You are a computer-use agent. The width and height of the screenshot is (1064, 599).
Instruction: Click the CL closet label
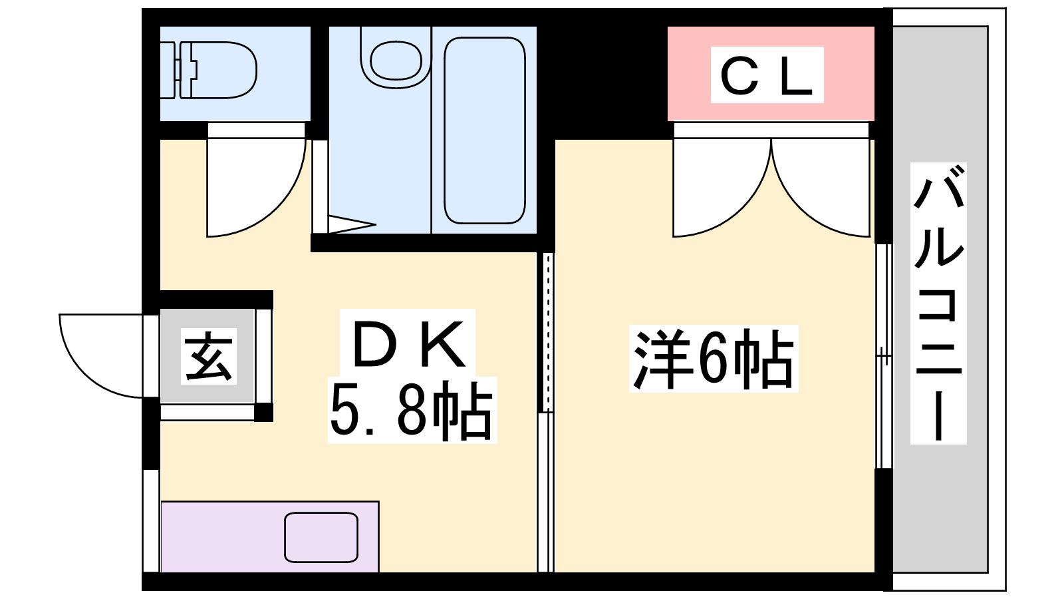point(766,75)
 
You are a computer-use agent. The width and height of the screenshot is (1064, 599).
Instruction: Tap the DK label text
point(408,343)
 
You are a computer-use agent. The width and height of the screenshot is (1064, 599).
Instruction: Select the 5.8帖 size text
point(412,411)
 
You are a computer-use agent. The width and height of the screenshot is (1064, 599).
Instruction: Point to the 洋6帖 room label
point(714,359)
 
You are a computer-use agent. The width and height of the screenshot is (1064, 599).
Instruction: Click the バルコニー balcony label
point(938,303)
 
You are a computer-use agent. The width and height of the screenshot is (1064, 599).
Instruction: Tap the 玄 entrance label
point(209,355)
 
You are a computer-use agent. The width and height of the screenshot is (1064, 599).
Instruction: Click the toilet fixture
point(209,71)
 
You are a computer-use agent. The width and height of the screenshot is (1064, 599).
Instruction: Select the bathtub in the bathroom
point(485,130)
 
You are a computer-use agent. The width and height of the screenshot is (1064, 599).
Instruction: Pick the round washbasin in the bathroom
point(396,61)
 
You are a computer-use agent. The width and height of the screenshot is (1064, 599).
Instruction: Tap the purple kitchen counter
point(270,536)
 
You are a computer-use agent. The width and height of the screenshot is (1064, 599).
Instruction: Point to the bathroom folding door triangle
point(352,224)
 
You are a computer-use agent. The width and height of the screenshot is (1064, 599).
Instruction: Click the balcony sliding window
point(884,356)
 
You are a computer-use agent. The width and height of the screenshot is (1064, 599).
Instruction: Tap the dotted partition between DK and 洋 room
point(548,332)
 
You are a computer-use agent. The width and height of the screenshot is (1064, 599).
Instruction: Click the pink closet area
point(771,74)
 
